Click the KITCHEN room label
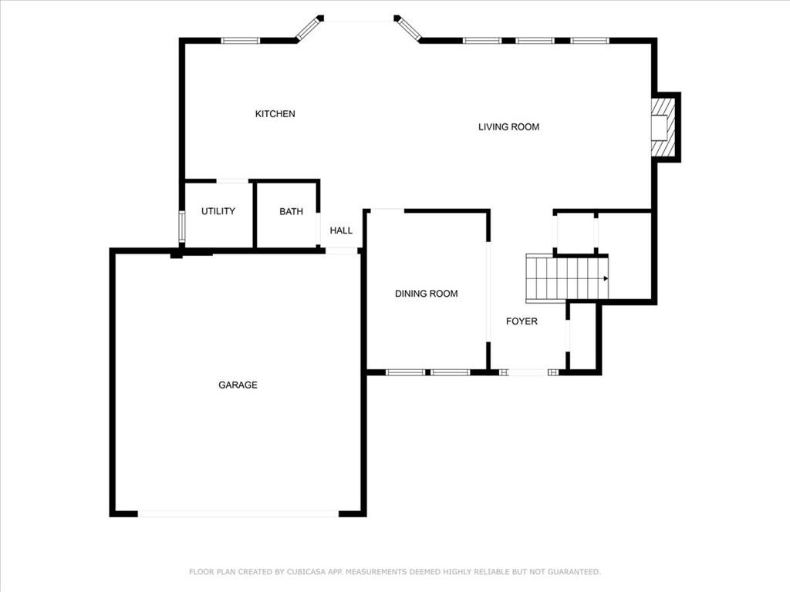(275, 114)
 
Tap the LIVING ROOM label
(509, 127)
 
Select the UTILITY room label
(218, 211)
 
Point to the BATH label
(291, 211)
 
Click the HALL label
(341, 230)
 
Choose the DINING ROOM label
(426, 294)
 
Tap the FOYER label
(522, 321)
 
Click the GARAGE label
(238, 385)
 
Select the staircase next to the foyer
(567, 278)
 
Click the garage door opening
(238, 513)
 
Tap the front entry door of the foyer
(528, 372)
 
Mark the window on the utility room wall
(181, 227)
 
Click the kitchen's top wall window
(241, 41)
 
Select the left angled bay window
(309, 28)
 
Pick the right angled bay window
(407, 28)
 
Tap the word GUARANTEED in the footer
(574, 572)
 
